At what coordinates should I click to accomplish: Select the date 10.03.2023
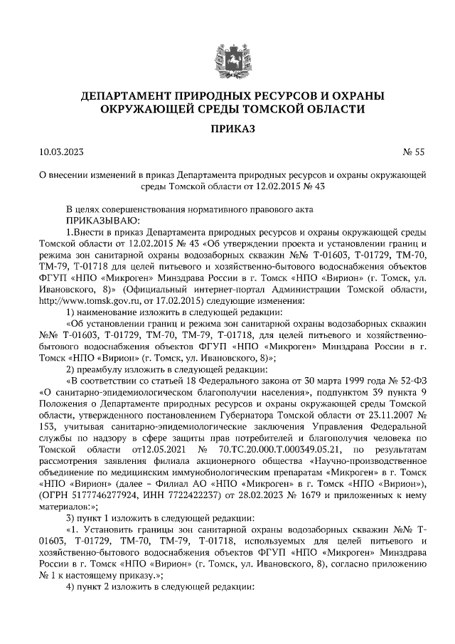[63, 152]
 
